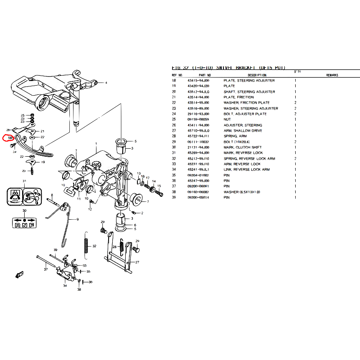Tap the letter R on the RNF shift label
click(x=18, y=226)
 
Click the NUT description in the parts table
click(x=228, y=119)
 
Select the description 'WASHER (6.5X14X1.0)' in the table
click(x=242, y=192)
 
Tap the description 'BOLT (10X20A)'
click(x=236, y=142)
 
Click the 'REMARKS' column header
click(x=332, y=75)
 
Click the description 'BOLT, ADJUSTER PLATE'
click(x=245, y=114)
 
